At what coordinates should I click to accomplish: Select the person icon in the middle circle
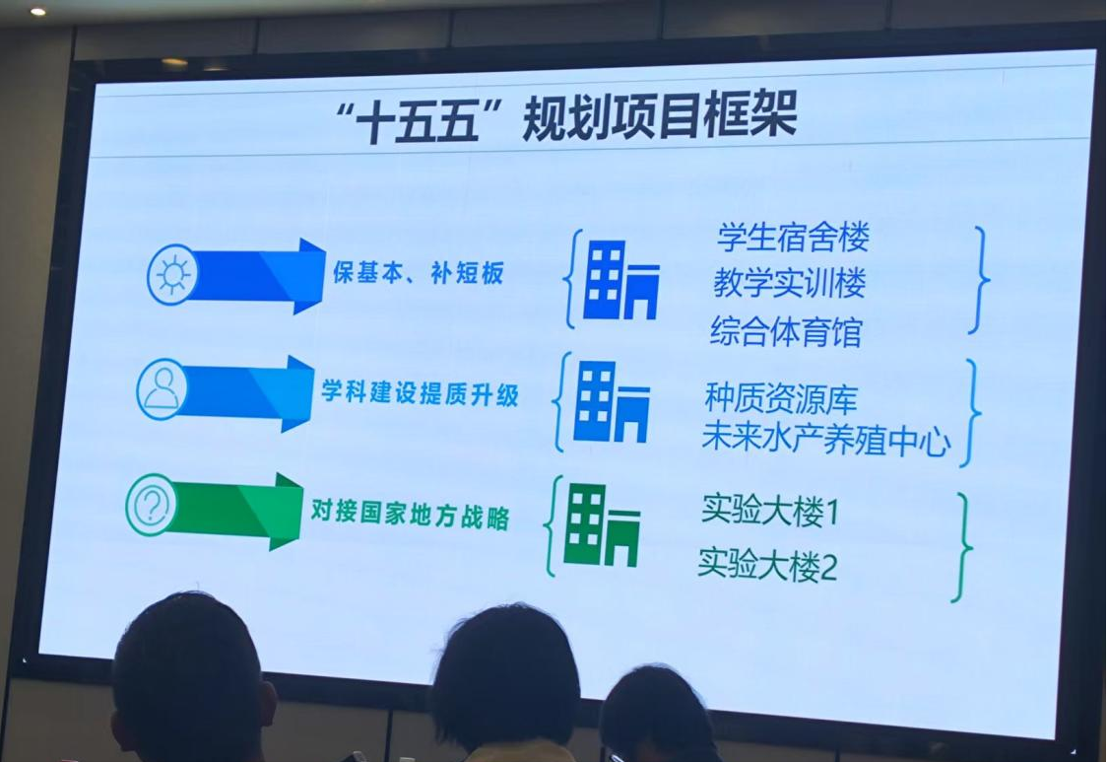(162, 389)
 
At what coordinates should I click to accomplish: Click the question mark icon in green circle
(151, 505)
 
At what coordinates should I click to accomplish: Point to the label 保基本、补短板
(419, 272)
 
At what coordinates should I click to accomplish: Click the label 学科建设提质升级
(420, 392)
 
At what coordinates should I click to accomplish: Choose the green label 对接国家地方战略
(410, 514)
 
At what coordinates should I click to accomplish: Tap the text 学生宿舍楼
(793, 237)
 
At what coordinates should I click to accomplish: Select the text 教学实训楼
(789, 283)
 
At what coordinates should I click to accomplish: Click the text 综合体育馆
(786, 331)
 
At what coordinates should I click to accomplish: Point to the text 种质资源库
(781, 399)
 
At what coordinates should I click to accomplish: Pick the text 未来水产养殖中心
(826, 439)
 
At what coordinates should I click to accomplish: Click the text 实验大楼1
(770, 510)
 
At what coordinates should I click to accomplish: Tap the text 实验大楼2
(767, 564)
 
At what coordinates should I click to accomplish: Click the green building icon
(602, 524)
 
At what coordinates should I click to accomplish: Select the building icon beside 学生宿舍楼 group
(621, 280)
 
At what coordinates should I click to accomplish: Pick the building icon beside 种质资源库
(612, 401)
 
